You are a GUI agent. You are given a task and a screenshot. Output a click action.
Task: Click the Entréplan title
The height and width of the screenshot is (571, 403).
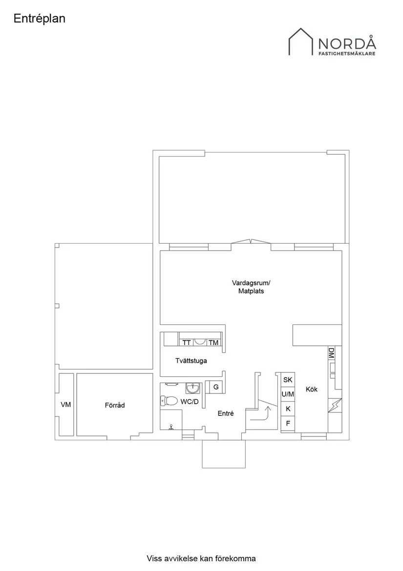click(39, 19)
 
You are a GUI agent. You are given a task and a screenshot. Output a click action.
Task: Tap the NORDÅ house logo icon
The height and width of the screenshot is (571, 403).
click(300, 42)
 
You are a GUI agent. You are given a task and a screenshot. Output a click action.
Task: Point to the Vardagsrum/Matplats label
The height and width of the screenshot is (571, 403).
click(251, 287)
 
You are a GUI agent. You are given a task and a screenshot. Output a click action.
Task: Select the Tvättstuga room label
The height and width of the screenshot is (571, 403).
click(191, 361)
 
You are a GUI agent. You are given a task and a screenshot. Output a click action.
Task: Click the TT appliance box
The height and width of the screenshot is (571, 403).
click(187, 343)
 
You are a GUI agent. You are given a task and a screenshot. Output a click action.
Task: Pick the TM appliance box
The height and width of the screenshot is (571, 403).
click(213, 343)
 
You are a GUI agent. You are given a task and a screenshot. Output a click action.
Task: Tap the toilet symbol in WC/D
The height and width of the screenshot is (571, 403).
click(169, 401)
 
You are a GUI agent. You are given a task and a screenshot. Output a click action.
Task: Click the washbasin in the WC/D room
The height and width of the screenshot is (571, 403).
click(193, 388)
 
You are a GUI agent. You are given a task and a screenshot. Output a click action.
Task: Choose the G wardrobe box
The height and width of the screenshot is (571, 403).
click(215, 387)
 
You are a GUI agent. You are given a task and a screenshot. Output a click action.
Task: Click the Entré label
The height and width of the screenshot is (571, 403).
click(225, 413)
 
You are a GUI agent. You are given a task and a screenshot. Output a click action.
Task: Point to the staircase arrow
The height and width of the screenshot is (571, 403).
click(267, 412)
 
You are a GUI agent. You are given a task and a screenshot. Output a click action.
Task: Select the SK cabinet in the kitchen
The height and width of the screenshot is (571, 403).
click(288, 380)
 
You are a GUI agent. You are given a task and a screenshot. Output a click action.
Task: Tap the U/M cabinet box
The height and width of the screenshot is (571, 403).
click(288, 394)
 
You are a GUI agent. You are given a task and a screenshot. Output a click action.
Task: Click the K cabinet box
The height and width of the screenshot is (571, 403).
click(288, 409)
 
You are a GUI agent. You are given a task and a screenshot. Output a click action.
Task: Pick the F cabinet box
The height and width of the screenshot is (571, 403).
click(288, 423)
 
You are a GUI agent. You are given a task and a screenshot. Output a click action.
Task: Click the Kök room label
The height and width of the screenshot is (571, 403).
click(312, 389)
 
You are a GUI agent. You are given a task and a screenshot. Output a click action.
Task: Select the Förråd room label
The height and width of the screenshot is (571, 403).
click(115, 405)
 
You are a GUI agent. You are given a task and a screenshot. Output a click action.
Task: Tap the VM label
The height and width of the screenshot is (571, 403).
click(66, 405)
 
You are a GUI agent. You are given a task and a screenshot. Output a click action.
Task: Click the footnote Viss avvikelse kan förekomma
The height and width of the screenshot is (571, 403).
click(201, 558)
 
